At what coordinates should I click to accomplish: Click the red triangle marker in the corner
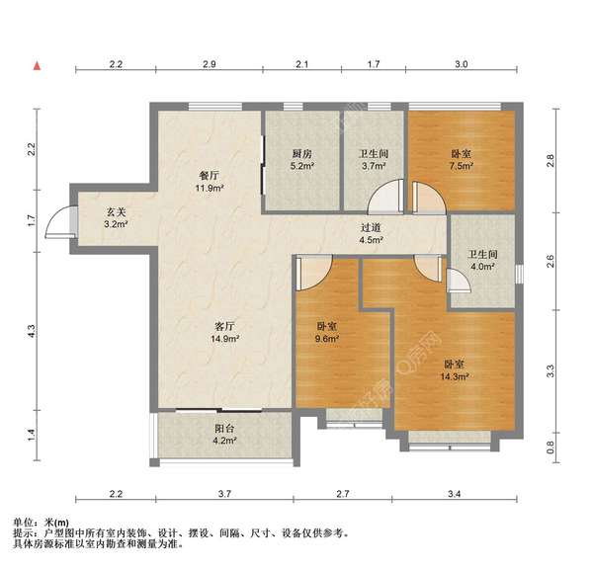click(37, 65)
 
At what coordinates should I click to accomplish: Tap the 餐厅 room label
click(210, 175)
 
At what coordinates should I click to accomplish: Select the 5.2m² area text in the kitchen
click(302, 167)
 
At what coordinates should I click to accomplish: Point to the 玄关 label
click(117, 211)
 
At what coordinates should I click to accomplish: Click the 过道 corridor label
click(371, 226)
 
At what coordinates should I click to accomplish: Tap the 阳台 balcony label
click(224, 429)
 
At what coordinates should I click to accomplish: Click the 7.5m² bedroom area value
click(462, 167)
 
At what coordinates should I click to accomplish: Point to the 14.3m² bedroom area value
click(455, 376)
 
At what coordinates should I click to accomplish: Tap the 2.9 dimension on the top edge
click(210, 64)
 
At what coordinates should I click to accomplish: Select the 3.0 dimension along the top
click(462, 64)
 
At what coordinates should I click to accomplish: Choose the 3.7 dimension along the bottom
click(224, 493)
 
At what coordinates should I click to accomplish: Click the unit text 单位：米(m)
click(41, 522)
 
